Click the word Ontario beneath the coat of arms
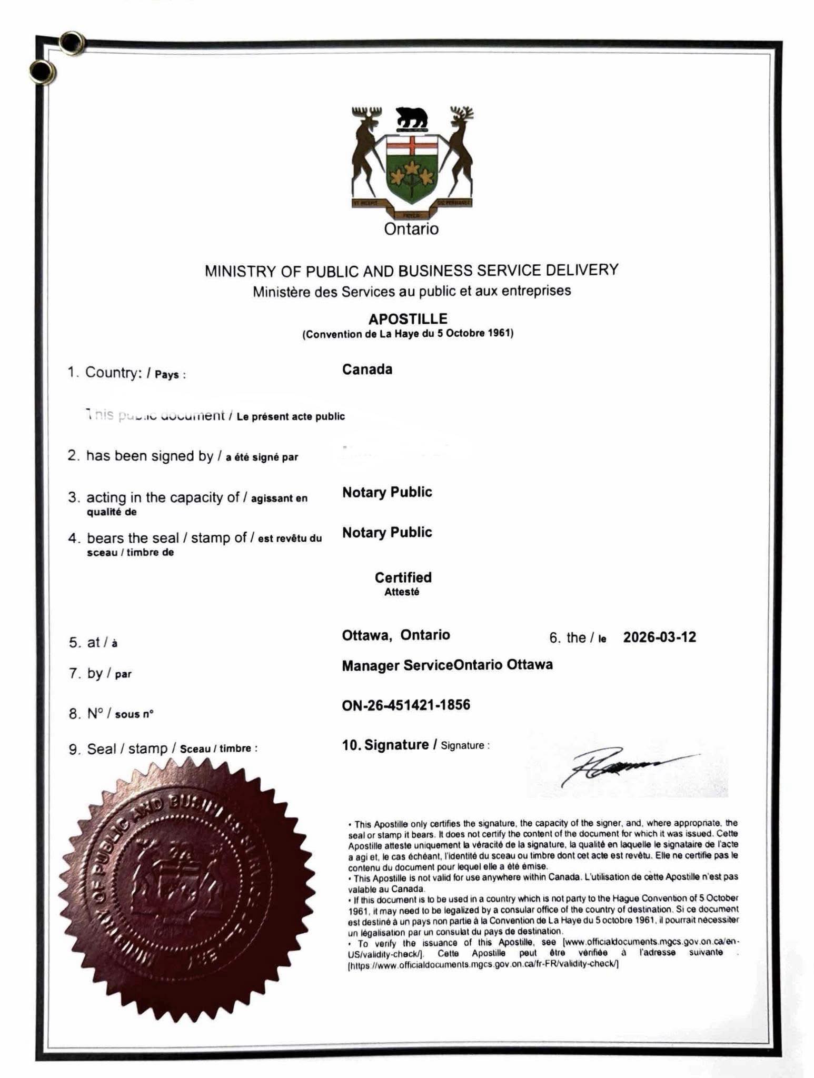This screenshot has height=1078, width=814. coord(411,229)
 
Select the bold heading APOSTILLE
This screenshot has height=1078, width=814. coord(408,319)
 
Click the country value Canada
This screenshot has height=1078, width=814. coord(367,370)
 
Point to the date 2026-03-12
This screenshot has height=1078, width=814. coord(659,637)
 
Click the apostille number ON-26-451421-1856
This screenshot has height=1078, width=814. coord(406,705)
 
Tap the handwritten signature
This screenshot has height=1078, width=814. coord(627,767)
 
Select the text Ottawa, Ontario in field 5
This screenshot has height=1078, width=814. coord(396,635)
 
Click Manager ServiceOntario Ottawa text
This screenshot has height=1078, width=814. coord(447,665)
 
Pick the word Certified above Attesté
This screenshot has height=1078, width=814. coord(403,577)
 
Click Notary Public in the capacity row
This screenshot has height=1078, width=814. coord(387,492)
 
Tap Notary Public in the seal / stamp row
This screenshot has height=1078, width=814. coord(387,533)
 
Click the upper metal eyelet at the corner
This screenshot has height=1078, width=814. coord(72,42)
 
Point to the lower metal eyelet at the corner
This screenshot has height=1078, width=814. coord(42,72)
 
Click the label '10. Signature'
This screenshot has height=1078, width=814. coord(385,745)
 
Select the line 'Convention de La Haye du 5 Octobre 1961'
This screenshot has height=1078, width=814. coord(408,334)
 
